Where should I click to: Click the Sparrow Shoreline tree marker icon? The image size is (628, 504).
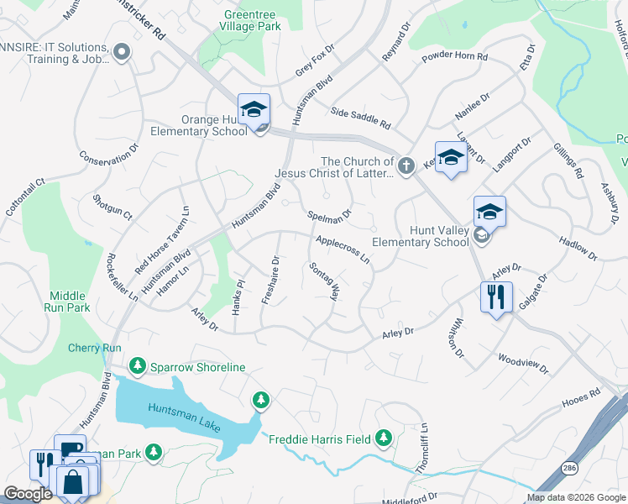click(137, 366)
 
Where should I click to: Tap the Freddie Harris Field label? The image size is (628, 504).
click(320, 438)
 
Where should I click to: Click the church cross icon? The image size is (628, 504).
click(406, 165)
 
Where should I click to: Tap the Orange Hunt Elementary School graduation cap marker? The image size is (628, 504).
click(254, 110)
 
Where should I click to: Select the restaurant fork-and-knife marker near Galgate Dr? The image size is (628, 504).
click(496, 297)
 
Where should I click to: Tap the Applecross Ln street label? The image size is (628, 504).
click(343, 250)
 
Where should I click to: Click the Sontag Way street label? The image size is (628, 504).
click(324, 281)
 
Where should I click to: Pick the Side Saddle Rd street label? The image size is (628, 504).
click(361, 118)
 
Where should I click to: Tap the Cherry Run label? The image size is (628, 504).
click(95, 348)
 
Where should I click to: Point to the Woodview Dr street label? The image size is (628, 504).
click(522, 364)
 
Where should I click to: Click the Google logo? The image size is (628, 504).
click(28, 494)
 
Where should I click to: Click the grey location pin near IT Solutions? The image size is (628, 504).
click(122, 53)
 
